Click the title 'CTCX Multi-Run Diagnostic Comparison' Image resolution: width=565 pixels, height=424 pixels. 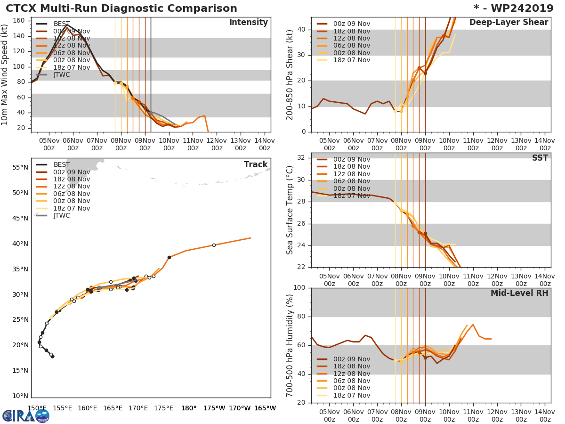point(121,8)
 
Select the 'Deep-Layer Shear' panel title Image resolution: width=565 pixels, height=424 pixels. point(508,23)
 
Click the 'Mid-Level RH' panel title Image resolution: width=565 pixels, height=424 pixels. point(519,293)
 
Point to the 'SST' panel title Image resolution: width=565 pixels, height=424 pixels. point(540,158)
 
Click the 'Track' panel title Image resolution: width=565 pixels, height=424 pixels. point(256,164)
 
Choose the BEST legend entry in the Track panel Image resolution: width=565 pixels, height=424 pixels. point(61,164)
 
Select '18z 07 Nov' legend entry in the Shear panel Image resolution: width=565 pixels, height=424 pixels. point(351,60)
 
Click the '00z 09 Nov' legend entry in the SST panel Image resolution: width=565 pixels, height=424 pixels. point(351,159)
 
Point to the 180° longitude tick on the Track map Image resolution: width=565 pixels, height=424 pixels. point(189,408)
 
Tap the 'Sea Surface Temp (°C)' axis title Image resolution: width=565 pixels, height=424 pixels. point(290,210)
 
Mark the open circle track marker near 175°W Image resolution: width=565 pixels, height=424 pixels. point(214,245)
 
